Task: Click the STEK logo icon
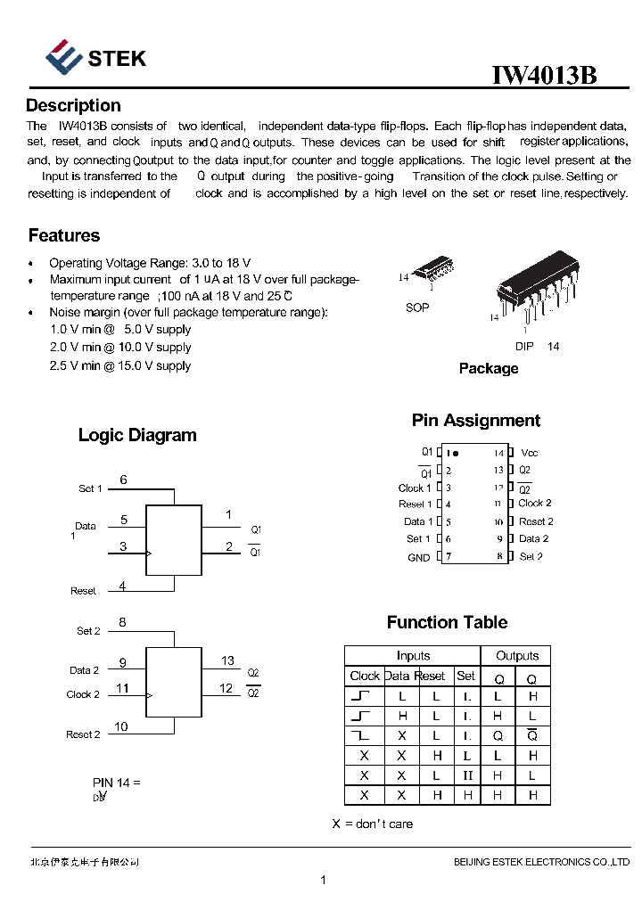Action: [x=64, y=57]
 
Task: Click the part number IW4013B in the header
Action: [x=544, y=76]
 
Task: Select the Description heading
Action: [x=73, y=106]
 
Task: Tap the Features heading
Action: [x=64, y=236]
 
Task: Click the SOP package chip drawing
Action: [x=432, y=269]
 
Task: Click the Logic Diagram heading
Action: [x=137, y=436]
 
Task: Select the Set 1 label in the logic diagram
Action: [x=90, y=488]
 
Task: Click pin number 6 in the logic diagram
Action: [x=123, y=480]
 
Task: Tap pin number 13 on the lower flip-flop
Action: [x=227, y=660]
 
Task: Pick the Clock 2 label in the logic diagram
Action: [x=83, y=694]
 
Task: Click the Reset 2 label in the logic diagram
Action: [x=83, y=734]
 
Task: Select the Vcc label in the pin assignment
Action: [x=530, y=453]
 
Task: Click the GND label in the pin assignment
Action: [x=418, y=558]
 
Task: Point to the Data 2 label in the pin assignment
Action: [x=533, y=538]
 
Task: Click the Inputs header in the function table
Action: [x=413, y=656]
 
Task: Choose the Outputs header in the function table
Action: [x=516, y=656]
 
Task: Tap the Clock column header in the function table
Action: [x=365, y=676]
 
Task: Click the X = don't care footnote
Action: [x=373, y=824]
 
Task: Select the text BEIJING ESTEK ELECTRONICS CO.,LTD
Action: [x=541, y=862]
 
